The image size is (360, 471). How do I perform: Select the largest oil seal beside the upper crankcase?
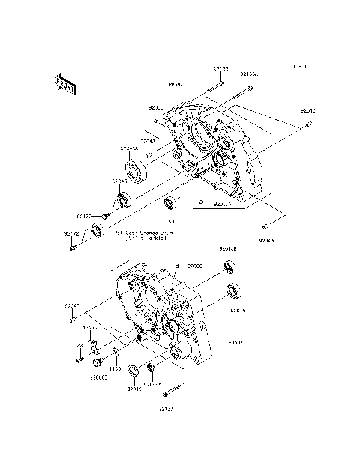pos(136,169)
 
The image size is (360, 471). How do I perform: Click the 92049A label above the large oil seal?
pos(130,148)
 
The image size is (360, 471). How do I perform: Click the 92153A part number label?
pos(249,75)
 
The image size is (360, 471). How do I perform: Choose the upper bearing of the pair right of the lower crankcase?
pos(229,266)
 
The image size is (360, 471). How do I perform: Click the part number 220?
pos(79,346)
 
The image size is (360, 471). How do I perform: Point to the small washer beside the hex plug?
pos(114,352)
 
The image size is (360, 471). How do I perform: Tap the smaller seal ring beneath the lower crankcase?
pos(150,368)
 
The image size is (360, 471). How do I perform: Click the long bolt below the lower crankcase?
pos(173,391)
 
